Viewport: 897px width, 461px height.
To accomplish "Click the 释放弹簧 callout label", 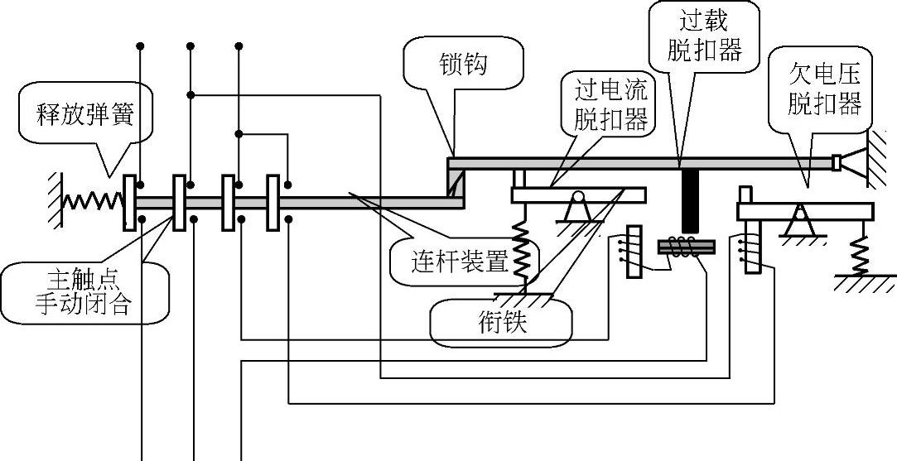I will [85, 113].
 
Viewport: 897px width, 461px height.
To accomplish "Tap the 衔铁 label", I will [501, 321].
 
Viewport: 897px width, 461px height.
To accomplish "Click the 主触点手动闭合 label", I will [83, 291].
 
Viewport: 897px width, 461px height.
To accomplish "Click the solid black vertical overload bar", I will [686, 203].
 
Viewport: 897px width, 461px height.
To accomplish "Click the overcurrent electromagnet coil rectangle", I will [634, 251].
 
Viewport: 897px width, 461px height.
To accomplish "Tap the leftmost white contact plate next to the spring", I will [129, 203].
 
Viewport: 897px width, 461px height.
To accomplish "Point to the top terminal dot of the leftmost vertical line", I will [141, 45].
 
